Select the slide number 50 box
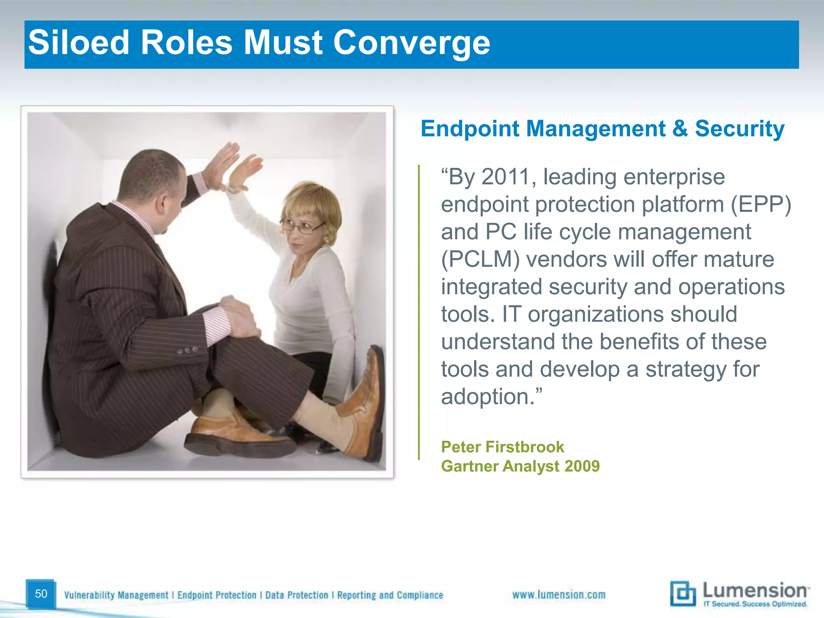click(x=41, y=594)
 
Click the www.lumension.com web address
click(x=558, y=595)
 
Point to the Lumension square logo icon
click(x=682, y=593)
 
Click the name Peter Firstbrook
click(x=502, y=447)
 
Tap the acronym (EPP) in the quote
click(x=760, y=204)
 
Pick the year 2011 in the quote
click(x=508, y=177)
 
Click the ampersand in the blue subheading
click(x=680, y=129)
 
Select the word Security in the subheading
click(x=740, y=129)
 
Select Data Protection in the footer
click(x=297, y=595)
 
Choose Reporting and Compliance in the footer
click(x=390, y=595)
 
